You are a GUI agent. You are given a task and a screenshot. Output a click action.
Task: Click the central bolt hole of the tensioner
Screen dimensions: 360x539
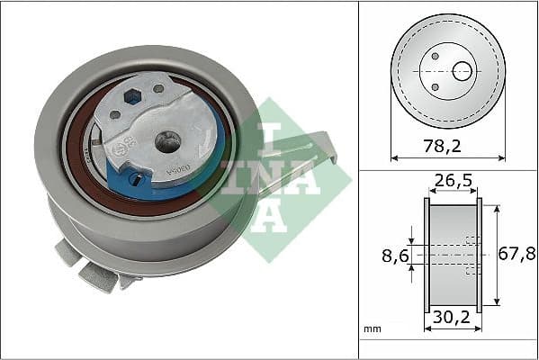[x=166, y=140]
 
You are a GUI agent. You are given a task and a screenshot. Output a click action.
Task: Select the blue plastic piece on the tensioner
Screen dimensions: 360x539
[x=126, y=166]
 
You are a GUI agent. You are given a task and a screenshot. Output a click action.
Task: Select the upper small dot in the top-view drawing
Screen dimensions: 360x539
[x=435, y=56]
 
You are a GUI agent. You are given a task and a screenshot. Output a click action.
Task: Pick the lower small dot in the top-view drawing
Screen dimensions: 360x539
[x=435, y=86]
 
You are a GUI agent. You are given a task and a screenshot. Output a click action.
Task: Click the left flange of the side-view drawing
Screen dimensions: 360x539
[x=427, y=256]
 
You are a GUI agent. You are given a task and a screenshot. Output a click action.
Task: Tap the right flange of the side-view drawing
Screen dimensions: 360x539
[x=479, y=256]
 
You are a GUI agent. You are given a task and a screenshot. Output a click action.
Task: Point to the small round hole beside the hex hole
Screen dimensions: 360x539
[x=158, y=88]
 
